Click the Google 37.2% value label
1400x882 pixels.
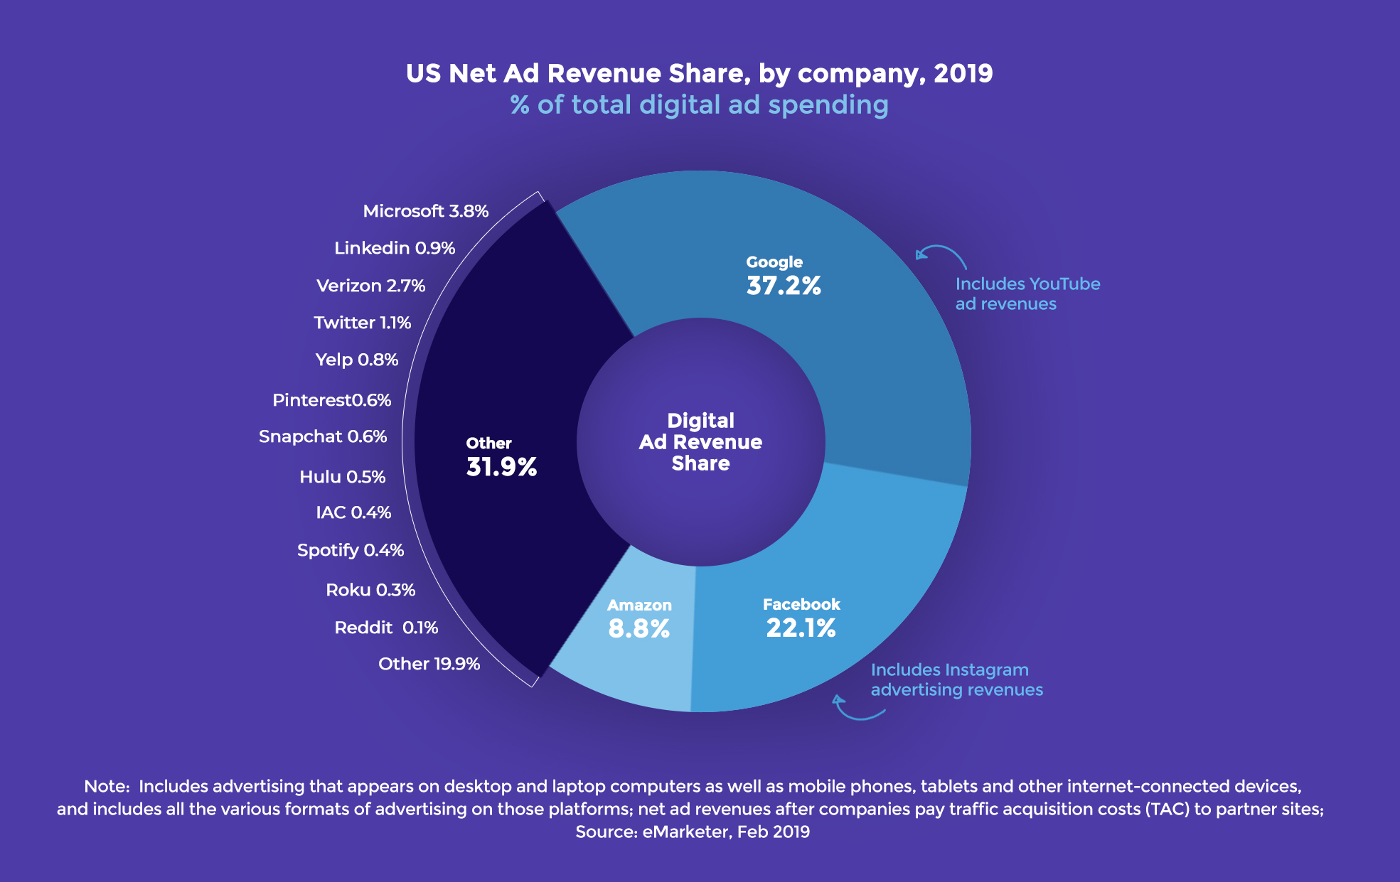pyautogui.click(x=783, y=285)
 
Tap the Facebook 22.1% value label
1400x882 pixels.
pyautogui.click(x=801, y=628)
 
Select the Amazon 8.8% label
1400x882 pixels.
pyautogui.click(x=638, y=628)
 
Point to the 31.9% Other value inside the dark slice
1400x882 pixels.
pyautogui.click(x=501, y=466)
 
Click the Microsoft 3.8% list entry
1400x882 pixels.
pyautogui.click(x=425, y=211)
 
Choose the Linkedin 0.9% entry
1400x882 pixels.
pyautogui.click(x=394, y=248)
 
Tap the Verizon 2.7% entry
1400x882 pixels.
pyautogui.click(x=370, y=286)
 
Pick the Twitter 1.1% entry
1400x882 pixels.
pyautogui.click(x=362, y=323)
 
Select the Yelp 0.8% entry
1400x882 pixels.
pyautogui.click(x=356, y=360)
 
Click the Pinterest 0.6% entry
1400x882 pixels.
pyautogui.click(x=331, y=400)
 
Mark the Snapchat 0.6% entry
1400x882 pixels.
pyautogui.click(x=322, y=436)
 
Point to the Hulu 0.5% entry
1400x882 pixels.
pyautogui.click(x=342, y=477)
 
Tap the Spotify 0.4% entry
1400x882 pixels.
pyautogui.click(x=350, y=550)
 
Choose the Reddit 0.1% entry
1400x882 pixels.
pyautogui.click(x=385, y=628)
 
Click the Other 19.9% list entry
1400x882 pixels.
pyautogui.click(x=429, y=664)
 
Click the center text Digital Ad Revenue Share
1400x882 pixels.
pyautogui.click(x=700, y=441)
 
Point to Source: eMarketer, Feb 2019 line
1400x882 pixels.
pyautogui.click(x=692, y=832)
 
